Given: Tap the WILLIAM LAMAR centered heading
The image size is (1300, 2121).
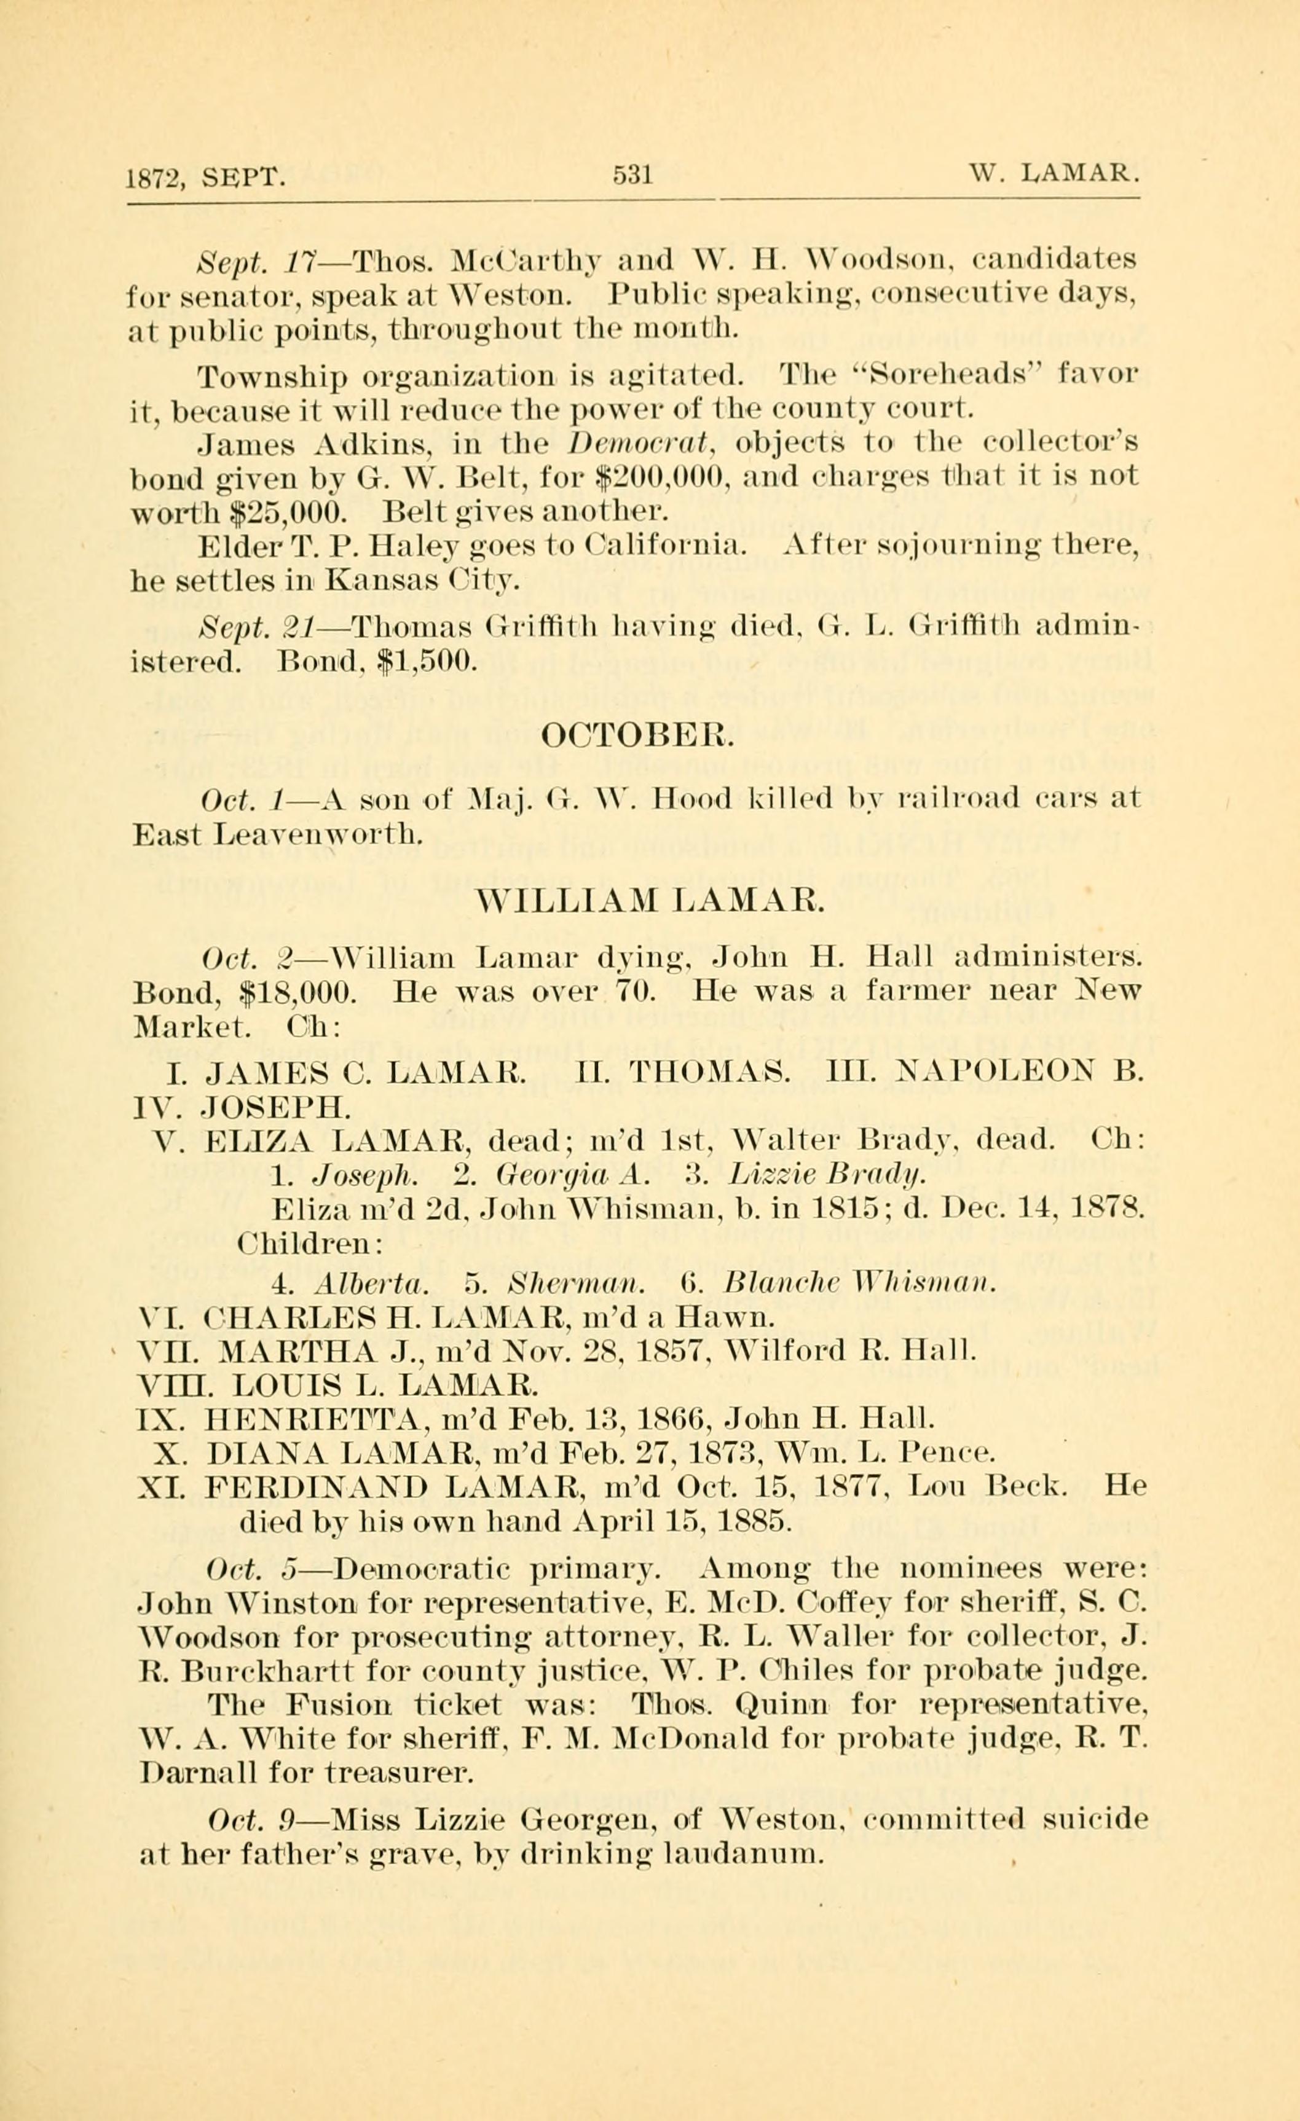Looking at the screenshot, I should (650, 900).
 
